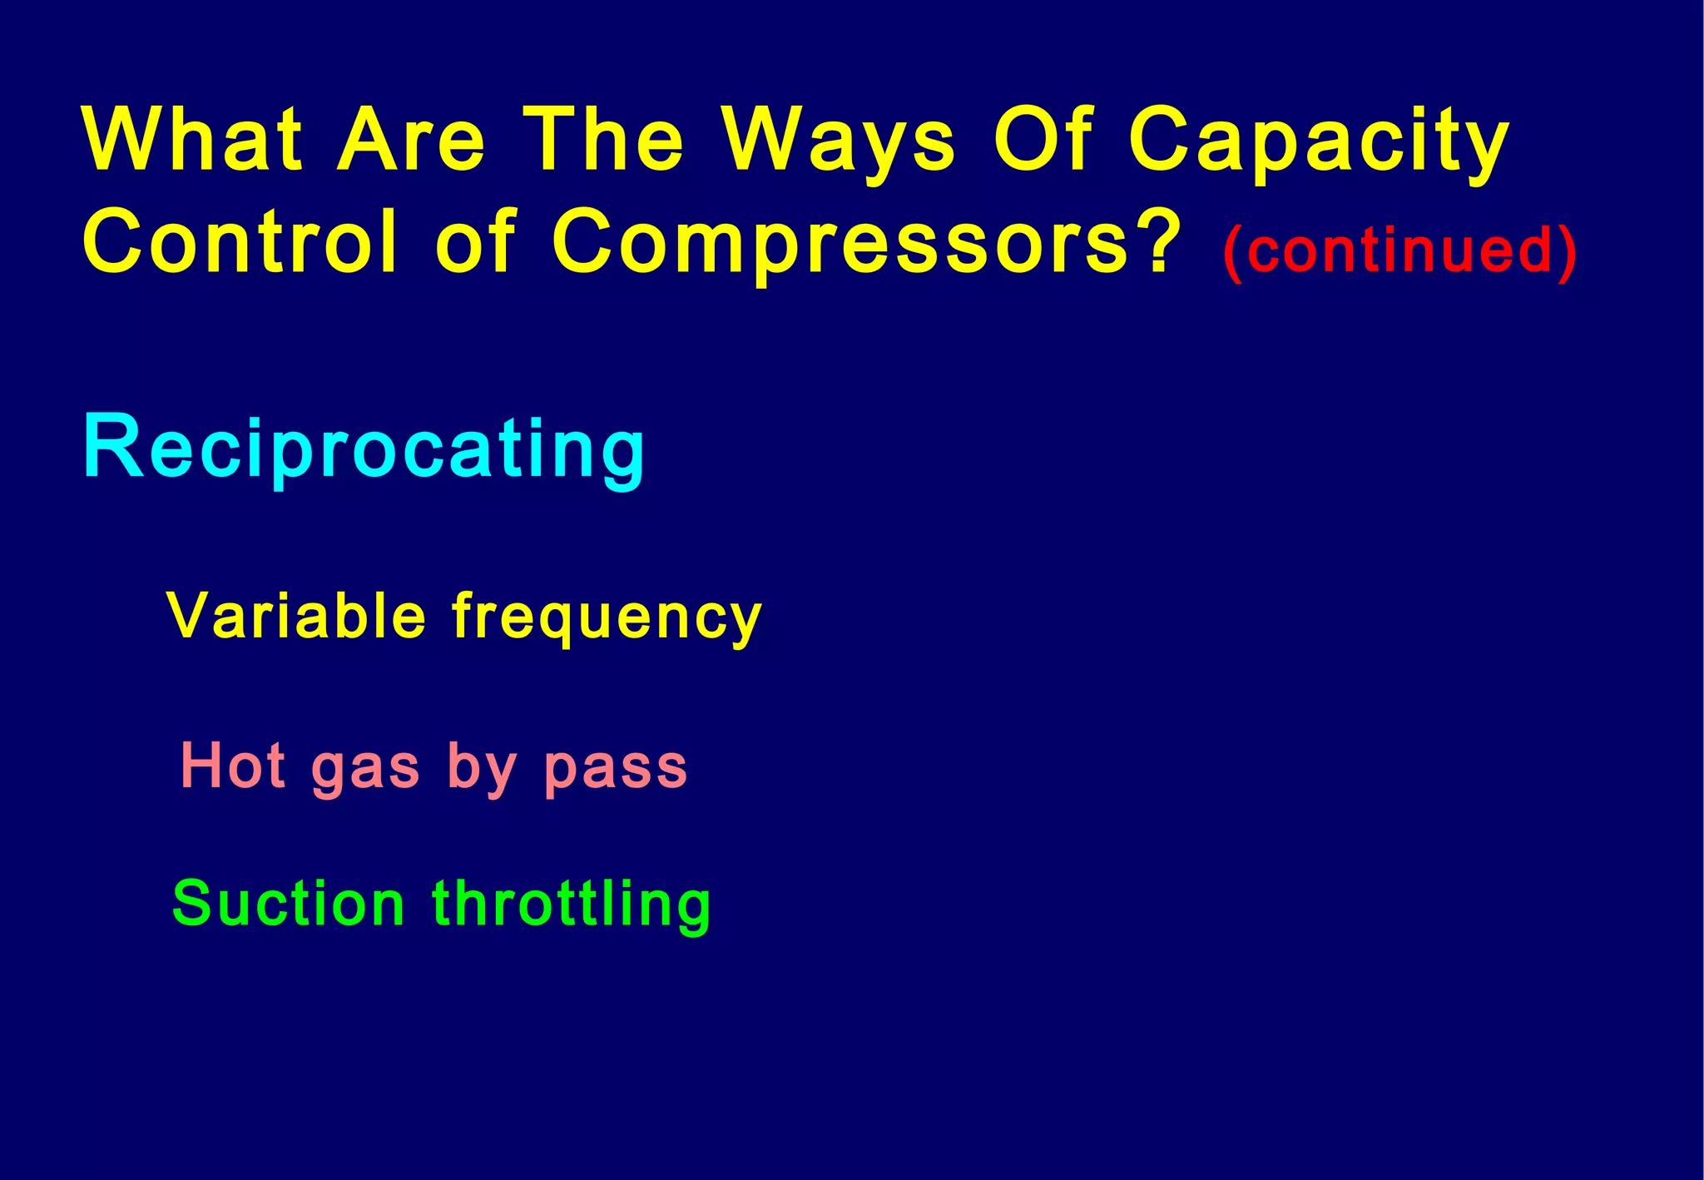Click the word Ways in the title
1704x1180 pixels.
click(839, 141)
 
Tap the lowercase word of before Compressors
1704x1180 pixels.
click(475, 241)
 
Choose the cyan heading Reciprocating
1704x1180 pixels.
click(364, 449)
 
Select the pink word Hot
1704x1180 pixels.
click(233, 766)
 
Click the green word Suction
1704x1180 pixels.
click(288, 904)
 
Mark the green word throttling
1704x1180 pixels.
click(572, 905)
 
